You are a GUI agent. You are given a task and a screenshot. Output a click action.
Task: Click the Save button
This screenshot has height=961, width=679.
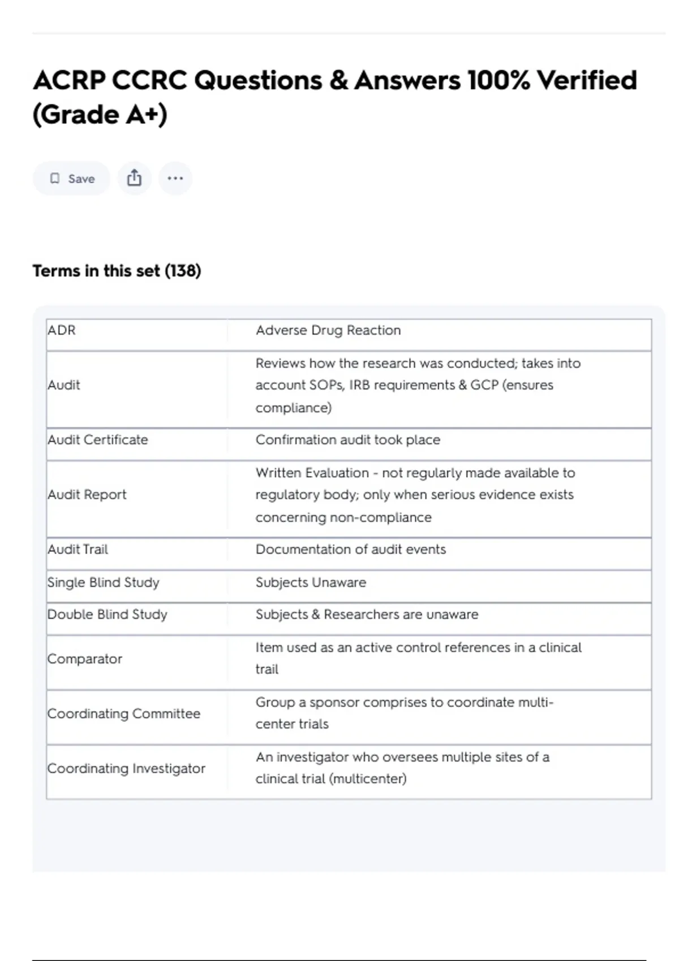[x=72, y=179]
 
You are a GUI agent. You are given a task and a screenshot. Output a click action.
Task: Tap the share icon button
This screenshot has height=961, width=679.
[x=134, y=179]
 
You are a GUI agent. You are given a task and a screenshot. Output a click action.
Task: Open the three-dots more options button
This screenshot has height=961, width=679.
[x=175, y=179]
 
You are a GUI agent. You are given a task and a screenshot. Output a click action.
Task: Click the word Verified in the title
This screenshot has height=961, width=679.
[x=587, y=80]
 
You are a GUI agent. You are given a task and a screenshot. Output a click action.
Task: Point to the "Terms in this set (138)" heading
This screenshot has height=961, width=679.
[x=117, y=271]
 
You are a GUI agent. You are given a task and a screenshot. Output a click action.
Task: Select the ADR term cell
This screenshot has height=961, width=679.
[x=62, y=330]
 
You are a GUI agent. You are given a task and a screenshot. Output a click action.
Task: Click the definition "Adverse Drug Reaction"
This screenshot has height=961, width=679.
[x=328, y=330]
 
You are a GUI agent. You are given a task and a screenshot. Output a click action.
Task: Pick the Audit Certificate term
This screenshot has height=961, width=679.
[x=98, y=440]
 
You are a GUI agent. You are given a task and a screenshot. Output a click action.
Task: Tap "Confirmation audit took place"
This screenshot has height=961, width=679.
[x=347, y=440]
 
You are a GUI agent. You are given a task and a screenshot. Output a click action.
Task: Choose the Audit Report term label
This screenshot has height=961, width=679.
[x=87, y=495]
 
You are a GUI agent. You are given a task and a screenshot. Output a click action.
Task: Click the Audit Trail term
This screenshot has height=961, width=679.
[x=78, y=549]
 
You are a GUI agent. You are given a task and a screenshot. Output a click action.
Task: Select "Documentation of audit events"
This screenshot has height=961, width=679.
[x=350, y=549]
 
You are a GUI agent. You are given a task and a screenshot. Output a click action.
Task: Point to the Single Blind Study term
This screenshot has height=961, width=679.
[x=104, y=582]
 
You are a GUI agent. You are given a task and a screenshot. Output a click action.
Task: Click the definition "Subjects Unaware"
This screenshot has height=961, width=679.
[x=311, y=582]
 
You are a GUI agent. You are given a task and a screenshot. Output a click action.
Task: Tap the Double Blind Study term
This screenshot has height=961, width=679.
[x=108, y=614]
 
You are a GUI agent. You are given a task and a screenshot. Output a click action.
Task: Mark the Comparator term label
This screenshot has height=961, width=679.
[x=85, y=659]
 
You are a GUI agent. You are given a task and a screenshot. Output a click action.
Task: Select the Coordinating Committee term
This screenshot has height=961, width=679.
[x=124, y=713]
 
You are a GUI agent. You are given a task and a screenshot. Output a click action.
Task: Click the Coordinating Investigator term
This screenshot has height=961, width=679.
[x=126, y=768]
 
